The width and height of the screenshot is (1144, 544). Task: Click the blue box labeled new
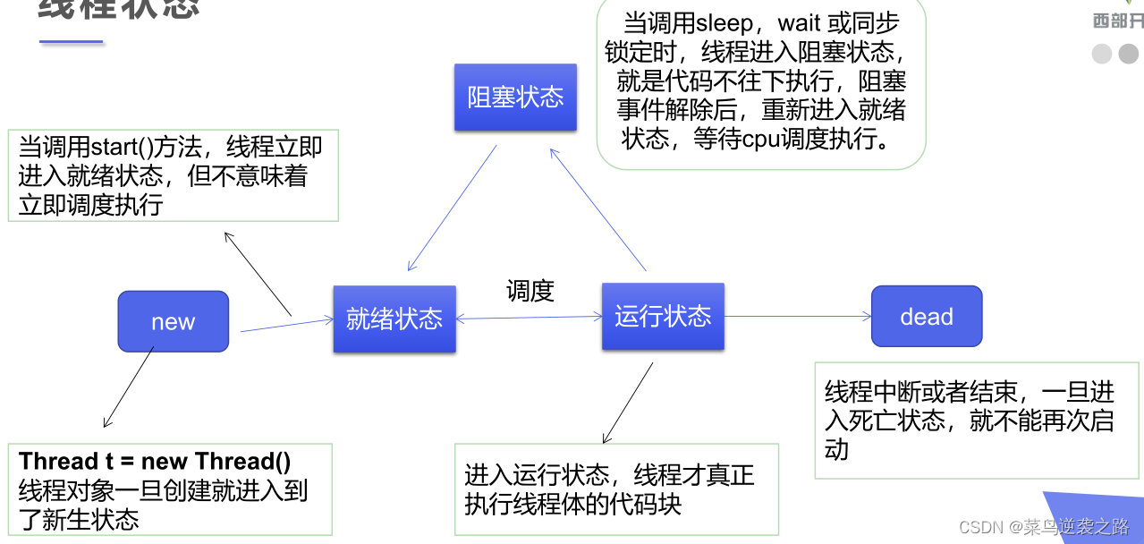174,321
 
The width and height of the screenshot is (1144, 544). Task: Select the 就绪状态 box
394,319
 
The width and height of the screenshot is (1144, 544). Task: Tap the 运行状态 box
663,316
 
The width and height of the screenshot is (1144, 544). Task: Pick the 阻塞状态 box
515,97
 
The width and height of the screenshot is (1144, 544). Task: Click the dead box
927,316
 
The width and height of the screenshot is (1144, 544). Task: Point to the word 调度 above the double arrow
530,291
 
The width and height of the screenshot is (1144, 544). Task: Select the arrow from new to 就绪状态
286,325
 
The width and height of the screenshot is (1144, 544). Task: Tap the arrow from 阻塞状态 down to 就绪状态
452,208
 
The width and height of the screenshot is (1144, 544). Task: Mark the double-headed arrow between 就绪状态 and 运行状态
530,317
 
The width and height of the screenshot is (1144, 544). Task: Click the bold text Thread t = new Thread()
155,462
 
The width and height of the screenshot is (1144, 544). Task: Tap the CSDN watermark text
1043,527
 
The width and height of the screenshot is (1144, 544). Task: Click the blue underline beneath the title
71,42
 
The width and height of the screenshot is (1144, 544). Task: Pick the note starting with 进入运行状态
615,489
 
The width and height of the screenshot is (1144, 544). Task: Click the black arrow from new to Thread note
129,387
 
